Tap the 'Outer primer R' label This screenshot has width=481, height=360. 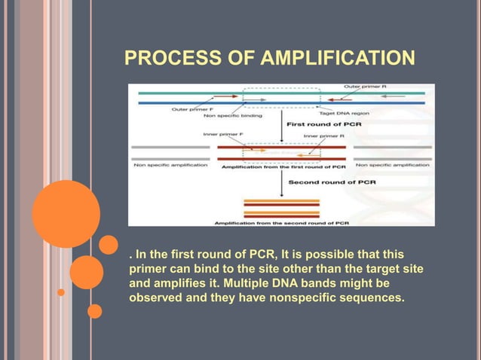tap(364, 87)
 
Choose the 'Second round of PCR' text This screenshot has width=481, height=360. tap(323, 182)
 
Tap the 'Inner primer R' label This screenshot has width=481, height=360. tap(325, 136)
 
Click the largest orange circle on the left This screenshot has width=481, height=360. tap(66, 214)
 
